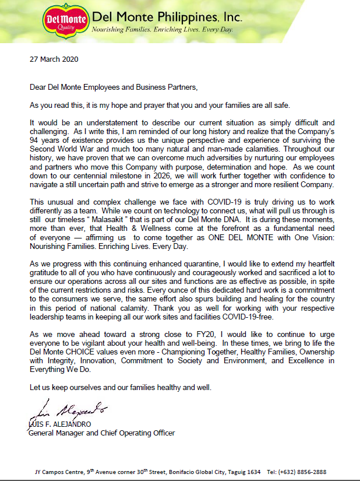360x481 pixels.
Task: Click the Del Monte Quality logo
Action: [x=66, y=22]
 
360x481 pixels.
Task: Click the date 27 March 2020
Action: [x=54, y=59]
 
